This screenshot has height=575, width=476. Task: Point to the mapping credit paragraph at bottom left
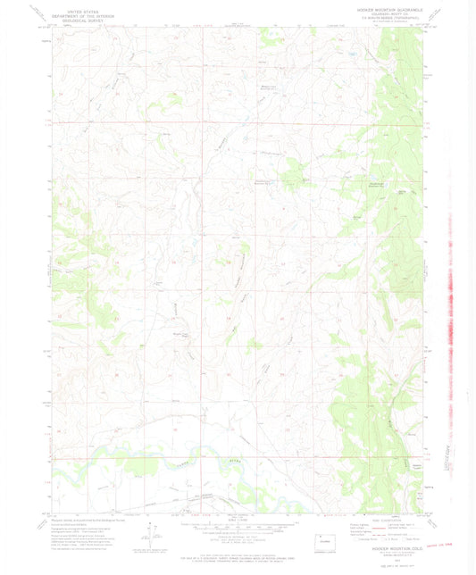85,531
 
